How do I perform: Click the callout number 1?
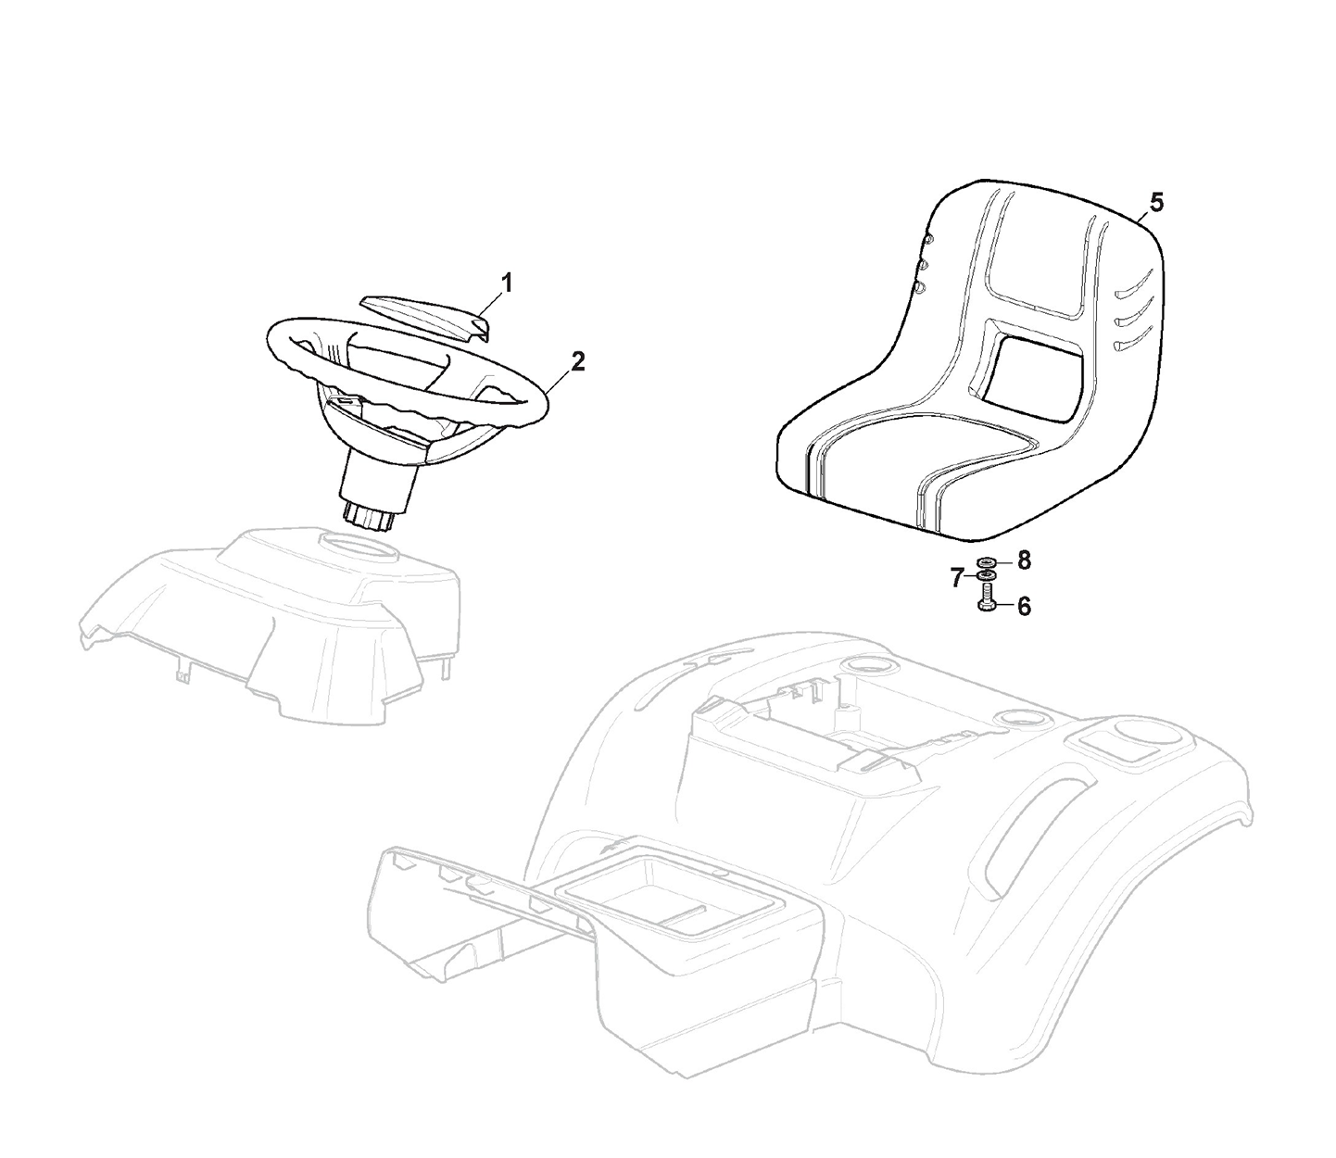(x=507, y=283)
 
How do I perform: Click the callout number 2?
(x=577, y=362)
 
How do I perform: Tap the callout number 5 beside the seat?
(x=1156, y=203)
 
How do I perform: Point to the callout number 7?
(x=956, y=578)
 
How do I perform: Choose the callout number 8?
(x=1024, y=560)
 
